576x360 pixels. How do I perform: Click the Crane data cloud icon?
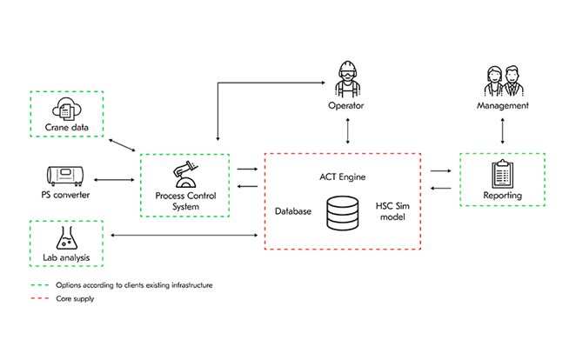point(65,110)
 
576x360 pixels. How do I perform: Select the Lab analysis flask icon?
point(65,237)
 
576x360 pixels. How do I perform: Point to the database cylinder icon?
point(341,212)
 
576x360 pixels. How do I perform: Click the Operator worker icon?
point(346,80)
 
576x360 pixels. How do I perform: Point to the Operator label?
point(346,106)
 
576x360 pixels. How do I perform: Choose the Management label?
point(502,106)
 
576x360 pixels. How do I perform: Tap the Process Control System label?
point(184,202)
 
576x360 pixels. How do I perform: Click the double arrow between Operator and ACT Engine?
point(346,130)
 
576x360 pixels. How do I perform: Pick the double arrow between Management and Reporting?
point(502,130)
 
